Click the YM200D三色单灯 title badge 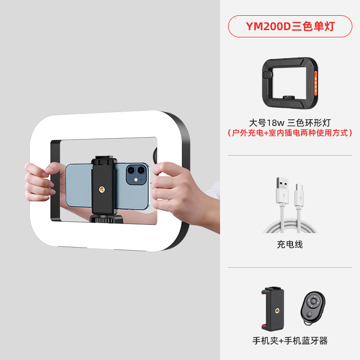290,26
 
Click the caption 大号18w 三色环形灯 290,122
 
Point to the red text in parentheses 290,133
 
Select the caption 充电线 290,244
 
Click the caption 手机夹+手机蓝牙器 290,341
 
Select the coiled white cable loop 290,225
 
